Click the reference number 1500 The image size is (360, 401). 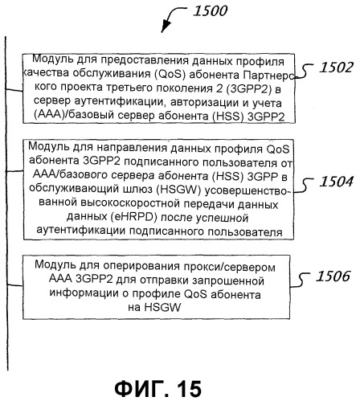pos(211,11)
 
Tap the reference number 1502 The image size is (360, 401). pos(337,68)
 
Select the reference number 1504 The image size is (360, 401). pos(337,182)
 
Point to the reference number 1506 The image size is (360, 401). pos(333,276)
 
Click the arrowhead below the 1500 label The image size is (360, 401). pos(165,27)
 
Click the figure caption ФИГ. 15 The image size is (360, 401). pos(158,388)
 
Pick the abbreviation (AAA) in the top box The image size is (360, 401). pos(47,116)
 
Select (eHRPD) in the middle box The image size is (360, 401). pos(134,217)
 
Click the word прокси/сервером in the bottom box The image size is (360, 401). pos(230,267)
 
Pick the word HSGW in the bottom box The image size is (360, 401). pos(162,307)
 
